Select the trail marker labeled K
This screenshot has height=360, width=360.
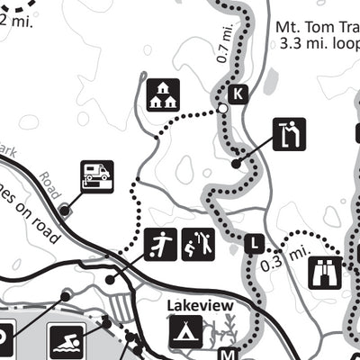tap(238, 94)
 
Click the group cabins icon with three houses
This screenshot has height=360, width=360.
tap(163, 94)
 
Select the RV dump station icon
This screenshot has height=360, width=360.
tap(96, 174)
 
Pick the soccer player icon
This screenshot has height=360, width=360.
tap(160, 245)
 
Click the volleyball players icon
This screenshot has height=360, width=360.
tap(199, 245)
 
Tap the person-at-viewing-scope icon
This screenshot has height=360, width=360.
tap(290, 135)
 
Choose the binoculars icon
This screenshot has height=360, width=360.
tap(325, 273)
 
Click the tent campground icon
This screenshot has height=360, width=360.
tap(186, 331)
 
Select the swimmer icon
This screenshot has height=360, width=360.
tap(66, 341)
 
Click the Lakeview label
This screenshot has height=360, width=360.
tap(200, 306)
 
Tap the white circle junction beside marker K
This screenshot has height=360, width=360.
tap(222, 110)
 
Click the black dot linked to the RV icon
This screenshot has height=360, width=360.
tap(65, 210)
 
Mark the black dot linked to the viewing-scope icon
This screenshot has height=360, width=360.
tap(236, 164)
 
